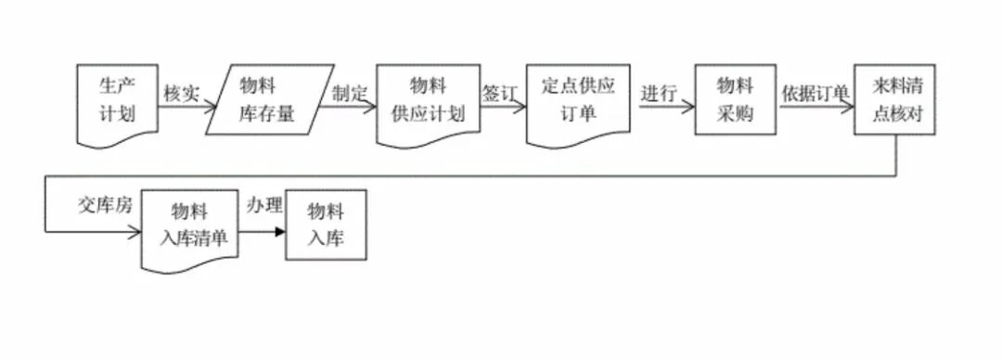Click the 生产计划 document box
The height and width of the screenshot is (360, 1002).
click(117, 102)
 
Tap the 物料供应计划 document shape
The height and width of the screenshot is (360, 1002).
click(428, 100)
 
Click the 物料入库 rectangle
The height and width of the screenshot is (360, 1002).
click(326, 224)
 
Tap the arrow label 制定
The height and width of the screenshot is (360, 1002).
click(350, 93)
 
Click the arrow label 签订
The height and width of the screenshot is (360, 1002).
click(501, 94)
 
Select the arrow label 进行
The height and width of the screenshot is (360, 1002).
click(658, 94)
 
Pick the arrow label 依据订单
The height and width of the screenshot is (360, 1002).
click(816, 94)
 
